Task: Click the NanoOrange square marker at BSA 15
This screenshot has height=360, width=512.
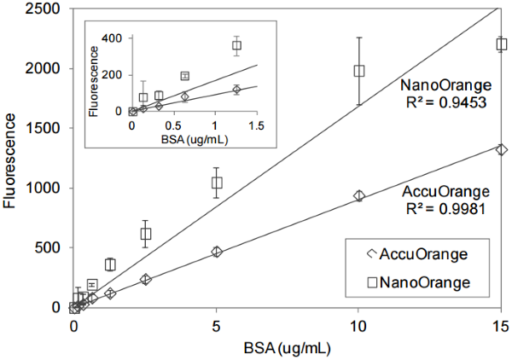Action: coord(502,44)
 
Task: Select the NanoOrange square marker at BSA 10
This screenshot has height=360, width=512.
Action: coord(359,71)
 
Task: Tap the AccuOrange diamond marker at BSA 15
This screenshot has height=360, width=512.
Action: coord(502,149)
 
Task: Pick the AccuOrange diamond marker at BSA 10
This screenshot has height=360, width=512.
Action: coord(359,196)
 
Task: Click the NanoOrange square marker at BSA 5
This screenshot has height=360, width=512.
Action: coord(217,183)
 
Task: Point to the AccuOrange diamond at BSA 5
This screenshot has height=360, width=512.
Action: coord(217,252)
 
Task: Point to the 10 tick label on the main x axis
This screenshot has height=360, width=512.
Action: coord(359,325)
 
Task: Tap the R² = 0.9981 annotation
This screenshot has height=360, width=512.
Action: coord(446,207)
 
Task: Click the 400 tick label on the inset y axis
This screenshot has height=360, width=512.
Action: coord(111,38)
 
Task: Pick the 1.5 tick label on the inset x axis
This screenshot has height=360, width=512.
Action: coord(255,125)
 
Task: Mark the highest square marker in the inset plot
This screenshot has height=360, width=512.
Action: coord(237,45)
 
